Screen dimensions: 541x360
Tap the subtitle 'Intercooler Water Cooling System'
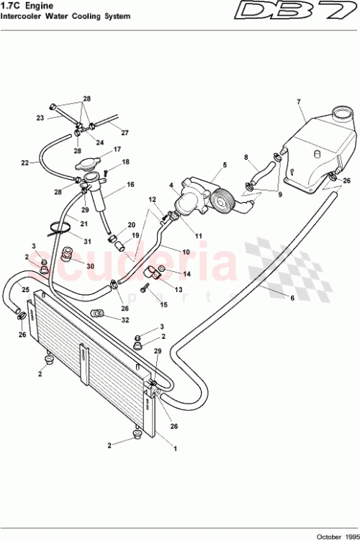coord(66,16)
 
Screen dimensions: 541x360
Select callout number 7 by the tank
coord(298,101)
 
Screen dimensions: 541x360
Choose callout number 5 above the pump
coord(224,165)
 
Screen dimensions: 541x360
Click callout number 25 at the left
coord(25,290)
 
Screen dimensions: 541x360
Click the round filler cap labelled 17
coord(91,163)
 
